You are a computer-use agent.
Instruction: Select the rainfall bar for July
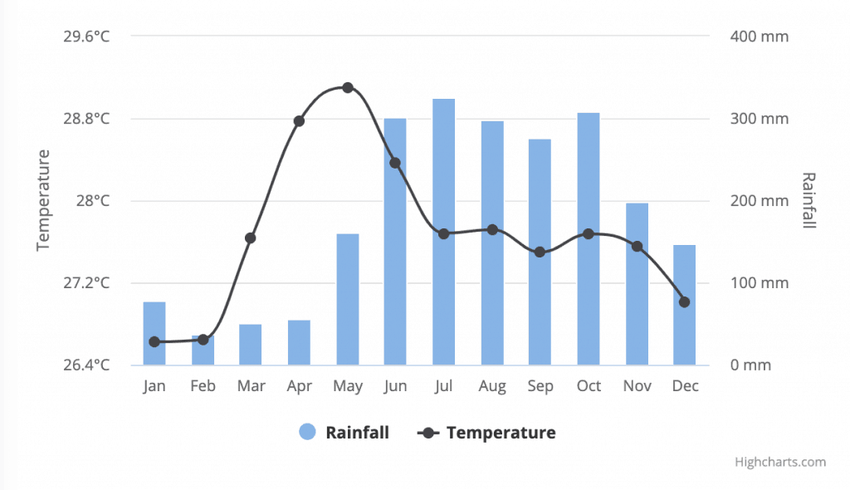443,232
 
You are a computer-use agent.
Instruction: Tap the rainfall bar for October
589,238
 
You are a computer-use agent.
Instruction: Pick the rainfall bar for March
251,345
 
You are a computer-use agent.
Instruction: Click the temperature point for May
348,87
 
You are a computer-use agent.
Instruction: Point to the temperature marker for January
154,341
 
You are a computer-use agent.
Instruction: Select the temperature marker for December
684,301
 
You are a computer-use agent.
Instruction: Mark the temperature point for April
299,121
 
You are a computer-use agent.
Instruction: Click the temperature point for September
540,252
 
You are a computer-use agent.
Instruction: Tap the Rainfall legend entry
344,433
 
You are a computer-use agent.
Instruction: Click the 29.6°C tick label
86,37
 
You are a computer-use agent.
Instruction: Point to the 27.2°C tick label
86,283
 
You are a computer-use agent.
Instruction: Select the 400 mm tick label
759,37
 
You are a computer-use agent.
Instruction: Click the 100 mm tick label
759,283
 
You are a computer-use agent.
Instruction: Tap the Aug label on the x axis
491,386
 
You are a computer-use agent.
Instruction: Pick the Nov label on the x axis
637,386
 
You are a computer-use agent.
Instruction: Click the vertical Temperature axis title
44,199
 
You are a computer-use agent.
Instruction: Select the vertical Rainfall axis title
808,200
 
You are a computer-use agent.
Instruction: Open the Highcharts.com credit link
779,463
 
